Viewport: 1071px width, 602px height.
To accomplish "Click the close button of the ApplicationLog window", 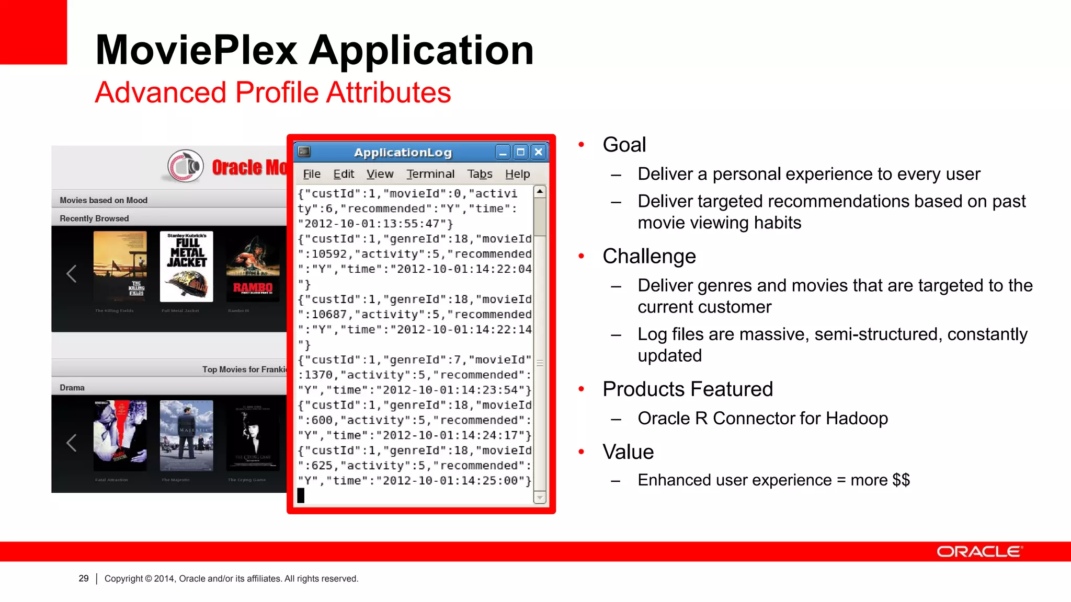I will [x=539, y=152].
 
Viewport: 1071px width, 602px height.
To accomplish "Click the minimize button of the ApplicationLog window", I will [x=503, y=153].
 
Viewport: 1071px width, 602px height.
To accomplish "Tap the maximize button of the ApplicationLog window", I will [x=520, y=152].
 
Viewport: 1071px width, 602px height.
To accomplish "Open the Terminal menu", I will [x=430, y=174].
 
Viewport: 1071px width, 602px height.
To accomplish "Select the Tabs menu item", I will [x=480, y=174].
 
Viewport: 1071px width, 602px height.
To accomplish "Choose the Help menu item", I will [x=517, y=174].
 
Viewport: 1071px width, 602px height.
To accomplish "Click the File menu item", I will [x=312, y=174].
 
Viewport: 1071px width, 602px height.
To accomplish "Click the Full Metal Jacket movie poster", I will [x=187, y=267].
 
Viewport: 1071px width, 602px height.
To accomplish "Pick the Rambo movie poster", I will [x=253, y=267].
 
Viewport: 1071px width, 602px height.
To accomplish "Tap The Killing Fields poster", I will [x=120, y=267].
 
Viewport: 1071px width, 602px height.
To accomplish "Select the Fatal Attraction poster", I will [x=120, y=436].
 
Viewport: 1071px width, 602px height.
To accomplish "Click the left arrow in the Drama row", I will [x=72, y=443].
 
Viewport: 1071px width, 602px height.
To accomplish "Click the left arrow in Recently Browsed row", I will [x=72, y=273].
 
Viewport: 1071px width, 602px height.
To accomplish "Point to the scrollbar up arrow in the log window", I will [x=540, y=192].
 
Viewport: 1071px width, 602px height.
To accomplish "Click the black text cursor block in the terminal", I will [x=301, y=495].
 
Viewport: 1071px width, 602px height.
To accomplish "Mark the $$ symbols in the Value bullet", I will [x=901, y=480].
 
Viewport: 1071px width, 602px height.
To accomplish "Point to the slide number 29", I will [x=84, y=578].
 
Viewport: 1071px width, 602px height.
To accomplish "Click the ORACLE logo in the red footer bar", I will [x=979, y=552].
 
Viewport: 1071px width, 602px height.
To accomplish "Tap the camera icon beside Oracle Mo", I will [x=185, y=167].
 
